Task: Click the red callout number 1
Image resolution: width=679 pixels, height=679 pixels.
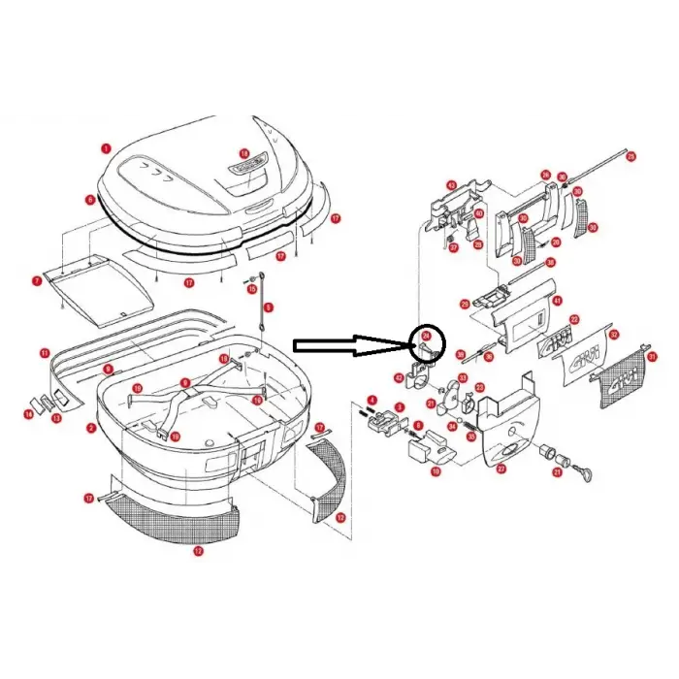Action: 106,148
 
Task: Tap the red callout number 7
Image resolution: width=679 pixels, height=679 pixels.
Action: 37,280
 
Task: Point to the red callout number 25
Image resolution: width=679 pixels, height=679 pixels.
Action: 630,155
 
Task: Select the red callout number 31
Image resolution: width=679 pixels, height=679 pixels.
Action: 652,357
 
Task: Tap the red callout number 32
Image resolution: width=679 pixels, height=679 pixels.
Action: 613,335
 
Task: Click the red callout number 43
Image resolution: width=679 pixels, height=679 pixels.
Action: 451,185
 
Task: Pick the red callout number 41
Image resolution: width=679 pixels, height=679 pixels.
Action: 556,301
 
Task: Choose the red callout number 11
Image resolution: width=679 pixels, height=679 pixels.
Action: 45,352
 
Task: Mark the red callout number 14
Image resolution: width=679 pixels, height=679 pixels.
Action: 29,415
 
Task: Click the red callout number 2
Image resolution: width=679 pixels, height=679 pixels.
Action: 90,428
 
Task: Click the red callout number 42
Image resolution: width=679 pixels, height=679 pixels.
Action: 399,377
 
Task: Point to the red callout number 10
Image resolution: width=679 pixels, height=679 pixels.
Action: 436,470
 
